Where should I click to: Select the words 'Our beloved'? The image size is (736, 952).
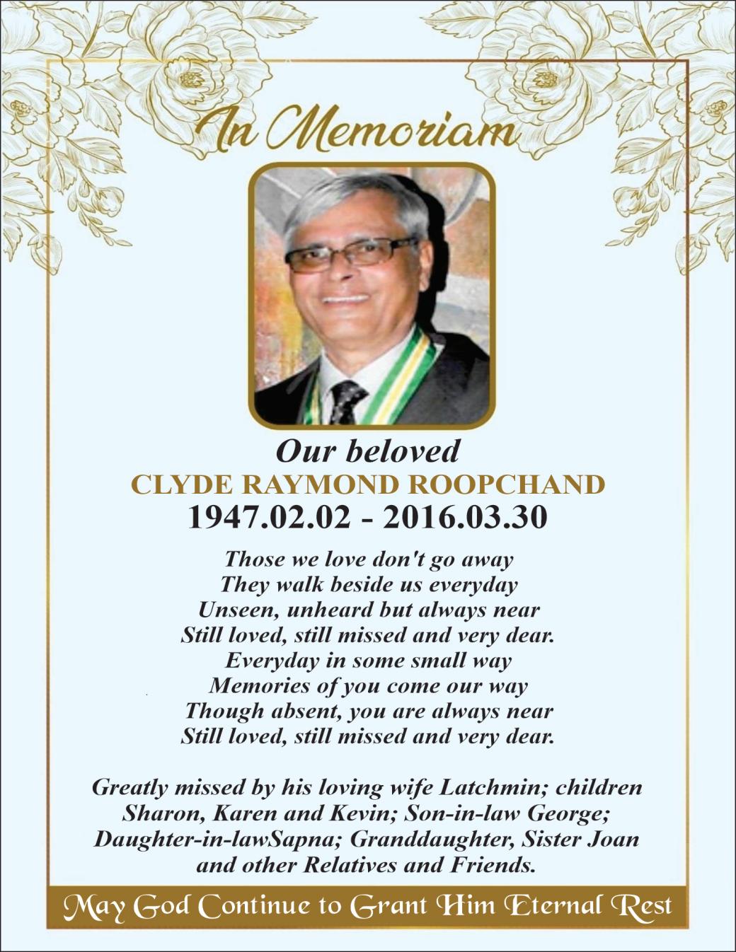[x=367, y=451]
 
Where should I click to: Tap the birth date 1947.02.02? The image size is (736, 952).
[x=268, y=518]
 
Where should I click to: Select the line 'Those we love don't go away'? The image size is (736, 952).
[x=368, y=559]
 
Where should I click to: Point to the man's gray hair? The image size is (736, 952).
[x=347, y=198]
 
